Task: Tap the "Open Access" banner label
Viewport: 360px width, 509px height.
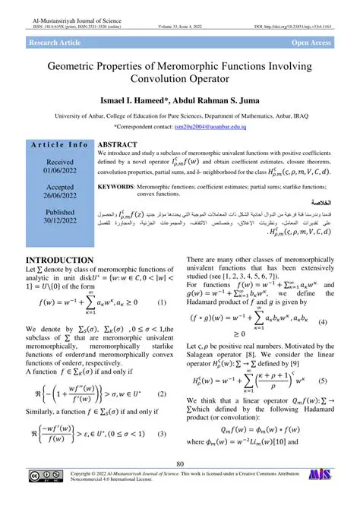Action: pos(311,43)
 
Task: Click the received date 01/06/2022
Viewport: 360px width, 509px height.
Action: pos(58,171)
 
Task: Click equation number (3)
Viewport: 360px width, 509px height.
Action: pos(162,434)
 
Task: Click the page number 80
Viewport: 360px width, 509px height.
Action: pos(180,464)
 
